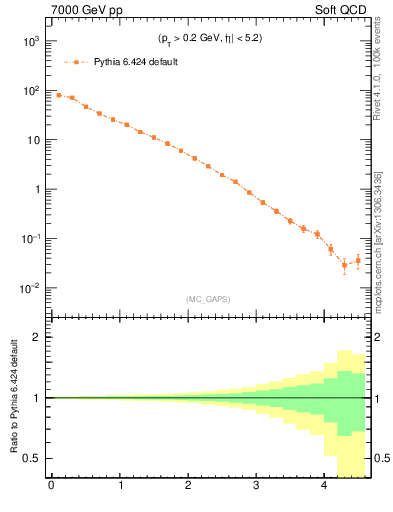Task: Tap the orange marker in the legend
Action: (x=74, y=62)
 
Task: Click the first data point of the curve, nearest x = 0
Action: (x=58, y=95)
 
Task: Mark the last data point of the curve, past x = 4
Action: (x=358, y=260)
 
